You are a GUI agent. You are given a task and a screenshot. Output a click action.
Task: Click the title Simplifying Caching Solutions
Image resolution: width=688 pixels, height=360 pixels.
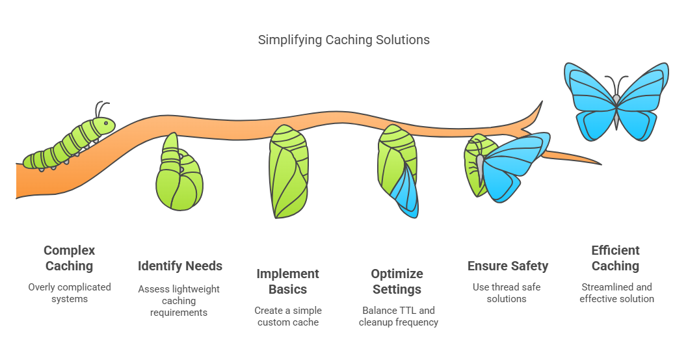[x=343, y=40]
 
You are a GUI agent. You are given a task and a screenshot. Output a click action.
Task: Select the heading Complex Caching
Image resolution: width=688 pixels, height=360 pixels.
[x=70, y=258]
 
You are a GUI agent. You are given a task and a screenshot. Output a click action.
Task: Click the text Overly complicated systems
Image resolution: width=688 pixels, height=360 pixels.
[x=70, y=293]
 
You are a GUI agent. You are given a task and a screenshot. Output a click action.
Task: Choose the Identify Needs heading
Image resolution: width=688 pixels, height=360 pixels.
[x=180, y=266]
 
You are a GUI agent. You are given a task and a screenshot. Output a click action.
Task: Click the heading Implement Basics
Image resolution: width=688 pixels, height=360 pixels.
[x=288, y=281]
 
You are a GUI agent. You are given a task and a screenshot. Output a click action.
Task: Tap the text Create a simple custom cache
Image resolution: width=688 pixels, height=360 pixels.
[x=288, y=316]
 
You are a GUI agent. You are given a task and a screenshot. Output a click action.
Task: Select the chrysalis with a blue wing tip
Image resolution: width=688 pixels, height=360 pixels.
[x=397, y=170]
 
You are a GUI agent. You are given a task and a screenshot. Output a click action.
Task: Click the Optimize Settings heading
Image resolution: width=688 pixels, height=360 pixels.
[x=397, y=281]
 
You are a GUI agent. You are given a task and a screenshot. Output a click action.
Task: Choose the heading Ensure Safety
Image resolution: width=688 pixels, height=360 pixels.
[x=507, y=266]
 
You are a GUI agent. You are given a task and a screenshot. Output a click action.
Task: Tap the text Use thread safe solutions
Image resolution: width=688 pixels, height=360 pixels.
[x=507, y=293]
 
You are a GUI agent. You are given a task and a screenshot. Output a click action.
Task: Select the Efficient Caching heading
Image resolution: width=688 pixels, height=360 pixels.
[x=616, y=258]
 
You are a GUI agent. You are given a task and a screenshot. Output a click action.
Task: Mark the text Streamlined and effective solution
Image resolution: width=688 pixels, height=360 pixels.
[x=616, y=293]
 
